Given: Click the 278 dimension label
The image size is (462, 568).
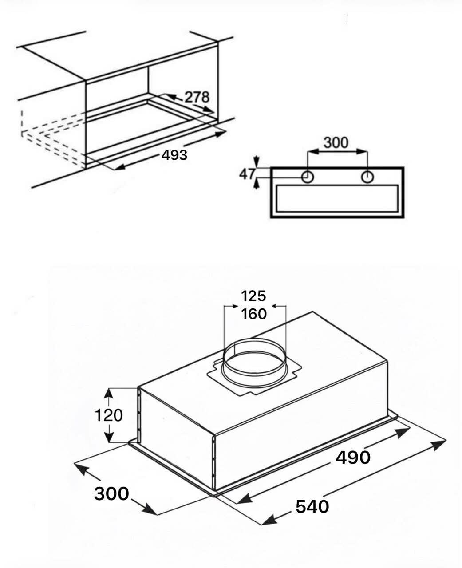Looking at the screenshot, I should coord(197,97).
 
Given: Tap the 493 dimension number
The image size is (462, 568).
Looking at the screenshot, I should coord(174,155).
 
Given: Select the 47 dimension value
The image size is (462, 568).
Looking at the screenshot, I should coord(247,174).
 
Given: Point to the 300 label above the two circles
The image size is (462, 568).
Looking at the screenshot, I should coord(336,143).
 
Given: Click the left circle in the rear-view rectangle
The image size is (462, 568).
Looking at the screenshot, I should coord(308,177).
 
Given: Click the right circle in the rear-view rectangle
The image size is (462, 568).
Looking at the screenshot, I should coord(367,177).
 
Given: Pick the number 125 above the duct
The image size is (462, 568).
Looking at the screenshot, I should coord(253,296).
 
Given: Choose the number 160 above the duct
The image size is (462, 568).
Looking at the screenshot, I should coord(253,314).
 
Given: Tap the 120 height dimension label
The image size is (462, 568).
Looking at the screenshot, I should coord(109,415).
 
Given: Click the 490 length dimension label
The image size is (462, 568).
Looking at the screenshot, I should coord(353,457).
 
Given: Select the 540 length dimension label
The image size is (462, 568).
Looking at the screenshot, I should coord(312,506).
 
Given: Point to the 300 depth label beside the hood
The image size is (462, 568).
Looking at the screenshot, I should coord(111,493).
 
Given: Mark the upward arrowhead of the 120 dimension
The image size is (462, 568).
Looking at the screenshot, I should coord(109,393).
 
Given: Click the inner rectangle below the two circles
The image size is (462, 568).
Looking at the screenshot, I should coord(337,198).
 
